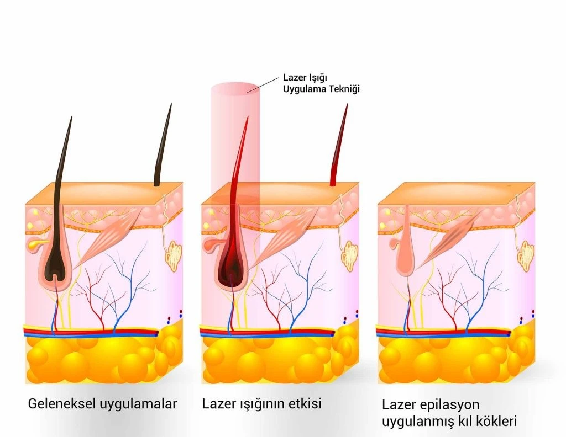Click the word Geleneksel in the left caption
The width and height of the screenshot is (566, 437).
click(62, 403)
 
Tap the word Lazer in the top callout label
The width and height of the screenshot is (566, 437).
click(295, 77)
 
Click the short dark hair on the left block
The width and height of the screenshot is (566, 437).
click(163, 149)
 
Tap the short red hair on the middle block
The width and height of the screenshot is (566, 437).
click(339, 149)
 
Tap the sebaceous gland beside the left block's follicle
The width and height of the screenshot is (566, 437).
click(33, 243)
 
